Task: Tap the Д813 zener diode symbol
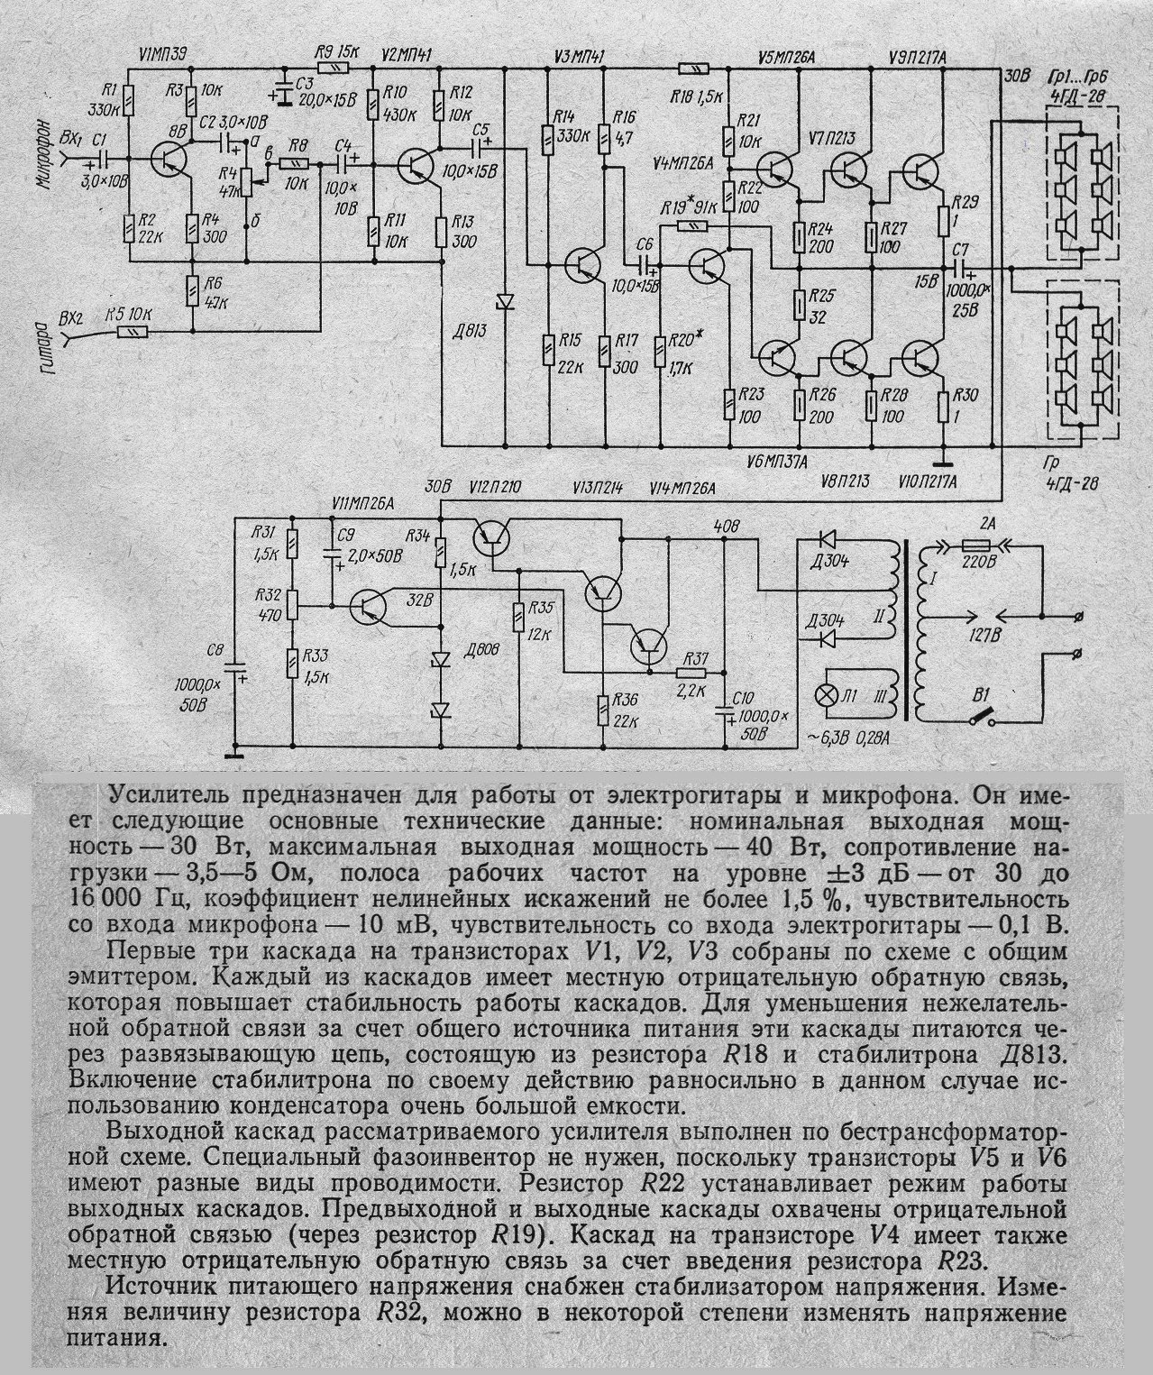pos(505,301)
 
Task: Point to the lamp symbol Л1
pos(825,697)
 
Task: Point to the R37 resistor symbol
pos(692,672)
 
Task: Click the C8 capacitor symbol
pos(236,671)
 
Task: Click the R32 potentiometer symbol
pos(294,606)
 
